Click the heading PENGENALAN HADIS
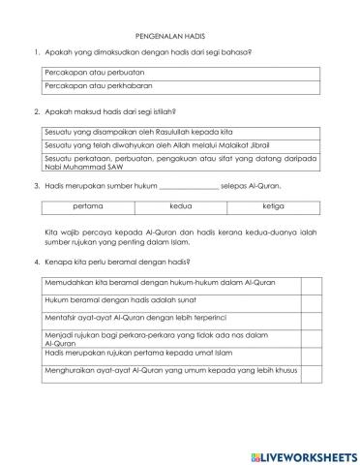[180, 30]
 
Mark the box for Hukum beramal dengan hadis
[311, 299]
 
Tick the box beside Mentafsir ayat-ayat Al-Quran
[311, 316]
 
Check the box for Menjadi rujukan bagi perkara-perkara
[311, 335]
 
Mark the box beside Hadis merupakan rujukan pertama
[311, 355]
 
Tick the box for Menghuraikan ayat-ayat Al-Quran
[311, 371]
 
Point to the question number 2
[36, 111]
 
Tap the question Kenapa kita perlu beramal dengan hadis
[117, 263]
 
